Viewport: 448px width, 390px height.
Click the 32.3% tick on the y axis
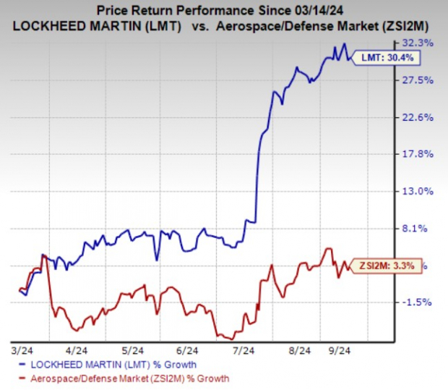click(423, 43)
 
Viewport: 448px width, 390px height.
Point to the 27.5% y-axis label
click(423, 80)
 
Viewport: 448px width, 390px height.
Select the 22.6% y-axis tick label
click(423, 117)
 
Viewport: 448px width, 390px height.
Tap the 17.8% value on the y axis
click(423, 154)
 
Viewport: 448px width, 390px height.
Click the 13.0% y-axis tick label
click(423, 192)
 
